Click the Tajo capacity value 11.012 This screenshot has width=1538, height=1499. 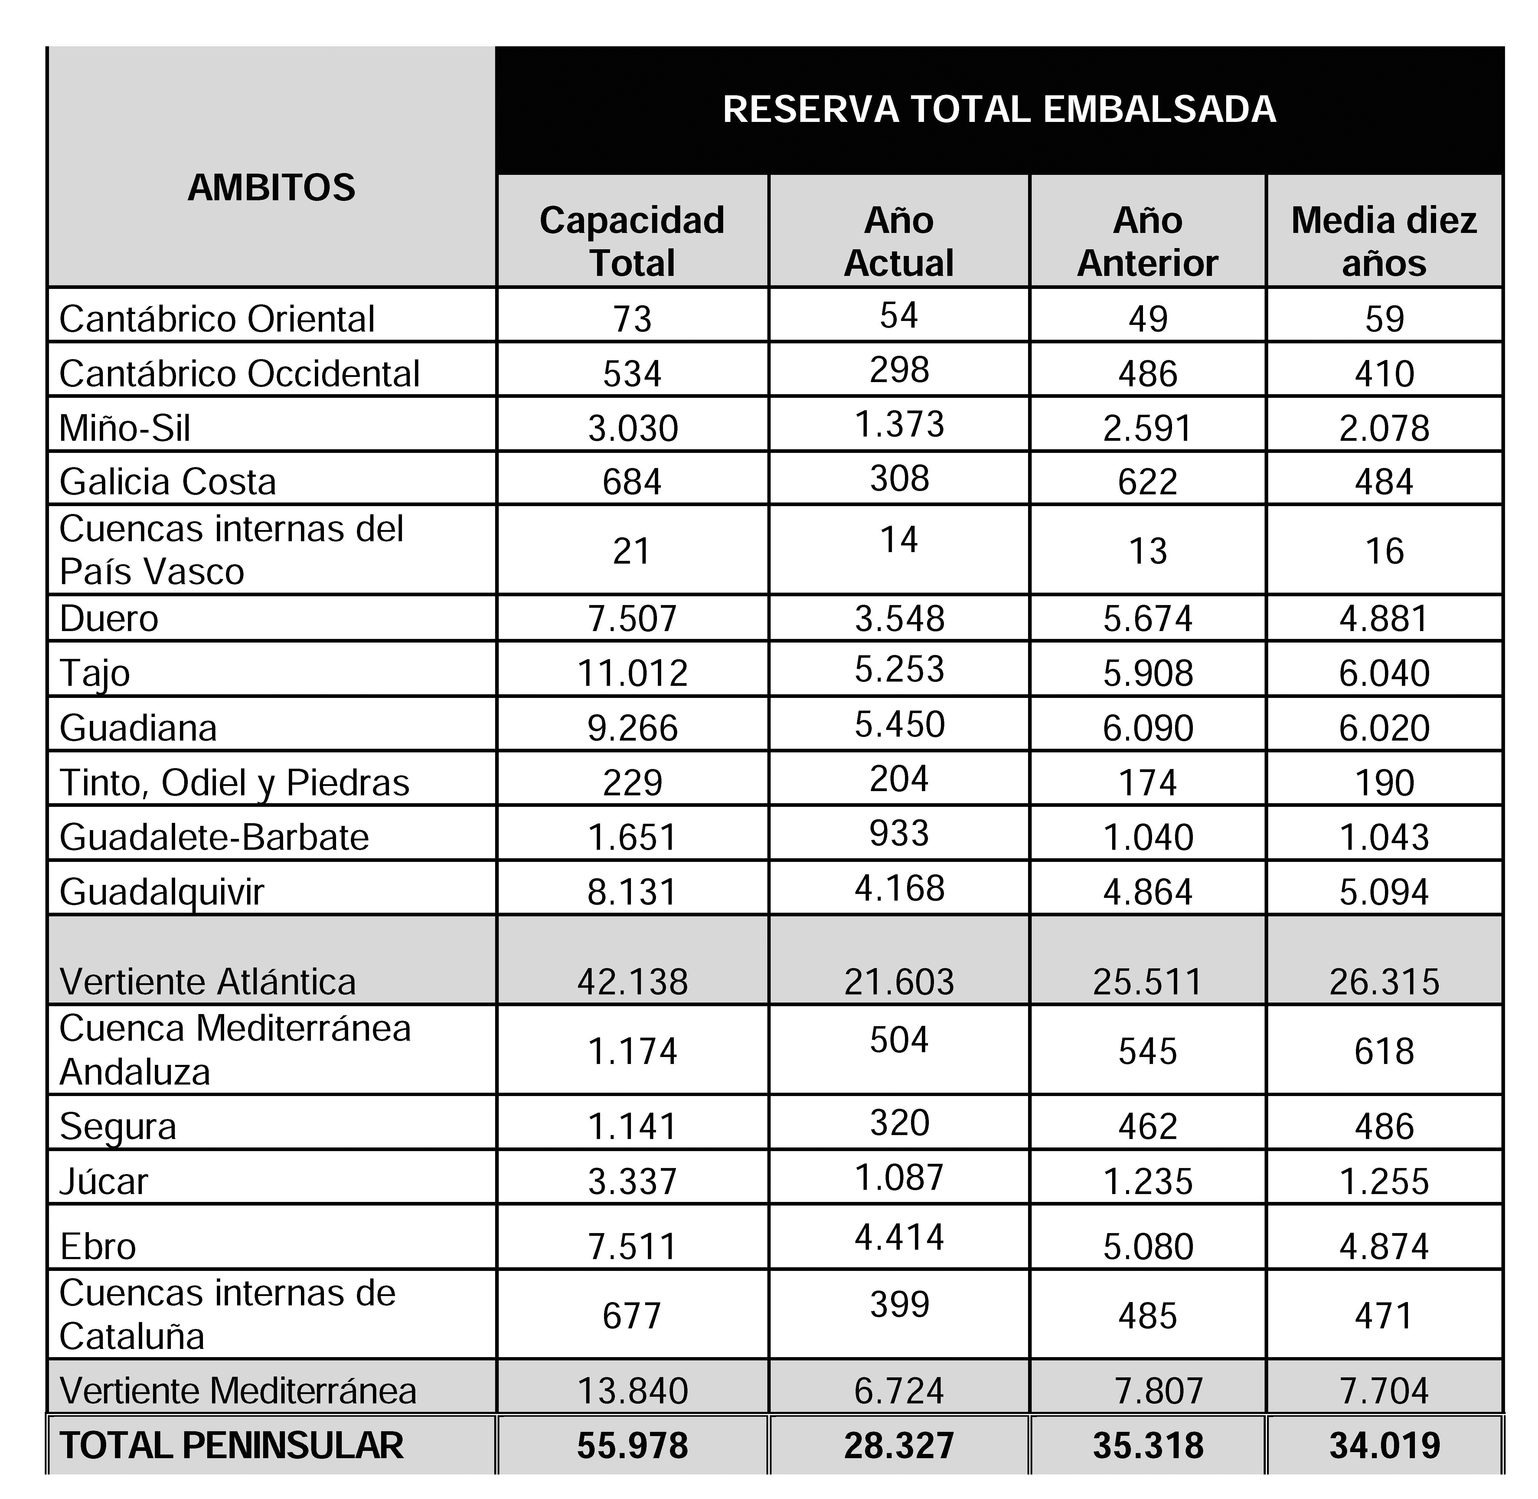[632, 673]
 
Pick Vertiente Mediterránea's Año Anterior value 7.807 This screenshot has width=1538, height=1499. [1159, 1390]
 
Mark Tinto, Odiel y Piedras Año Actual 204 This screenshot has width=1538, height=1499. [899, 779]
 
